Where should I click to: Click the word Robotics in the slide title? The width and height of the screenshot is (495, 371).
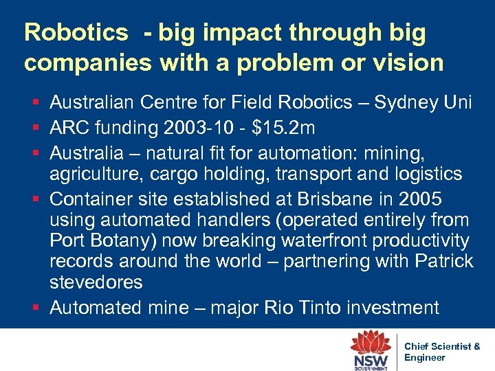click(x=76, y=32)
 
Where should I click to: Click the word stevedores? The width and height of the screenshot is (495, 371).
click(x=96, y=282)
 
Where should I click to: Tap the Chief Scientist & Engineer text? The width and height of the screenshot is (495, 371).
click(x=442, y=352)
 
